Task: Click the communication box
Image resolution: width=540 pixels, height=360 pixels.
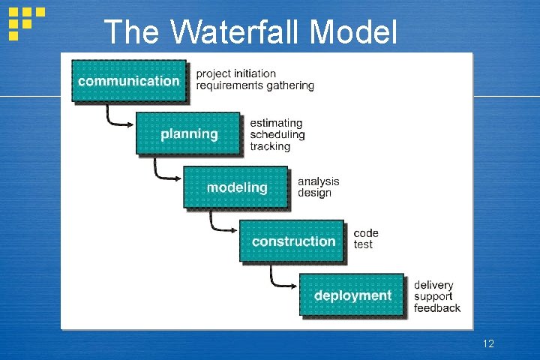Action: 129,81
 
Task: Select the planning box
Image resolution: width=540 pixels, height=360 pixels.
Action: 188,134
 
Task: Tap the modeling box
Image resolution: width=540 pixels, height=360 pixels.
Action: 236,187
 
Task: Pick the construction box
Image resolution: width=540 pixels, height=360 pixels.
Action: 292,241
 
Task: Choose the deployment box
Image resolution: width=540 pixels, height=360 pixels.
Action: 352,295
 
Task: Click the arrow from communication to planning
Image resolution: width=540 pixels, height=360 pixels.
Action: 116,118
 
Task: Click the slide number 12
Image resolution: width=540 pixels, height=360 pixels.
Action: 488,343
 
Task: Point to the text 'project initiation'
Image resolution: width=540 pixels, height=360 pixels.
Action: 236,73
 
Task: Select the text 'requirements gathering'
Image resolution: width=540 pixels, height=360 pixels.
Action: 255,85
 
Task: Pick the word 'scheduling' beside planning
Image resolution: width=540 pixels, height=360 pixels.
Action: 277,135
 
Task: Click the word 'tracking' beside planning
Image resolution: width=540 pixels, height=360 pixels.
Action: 270,146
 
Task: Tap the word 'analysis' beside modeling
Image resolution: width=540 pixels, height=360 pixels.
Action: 318,181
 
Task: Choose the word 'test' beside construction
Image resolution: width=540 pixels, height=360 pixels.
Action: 363,244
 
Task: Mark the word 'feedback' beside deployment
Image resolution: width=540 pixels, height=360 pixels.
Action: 437,308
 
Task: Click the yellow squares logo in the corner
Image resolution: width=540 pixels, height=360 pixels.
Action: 25,22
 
